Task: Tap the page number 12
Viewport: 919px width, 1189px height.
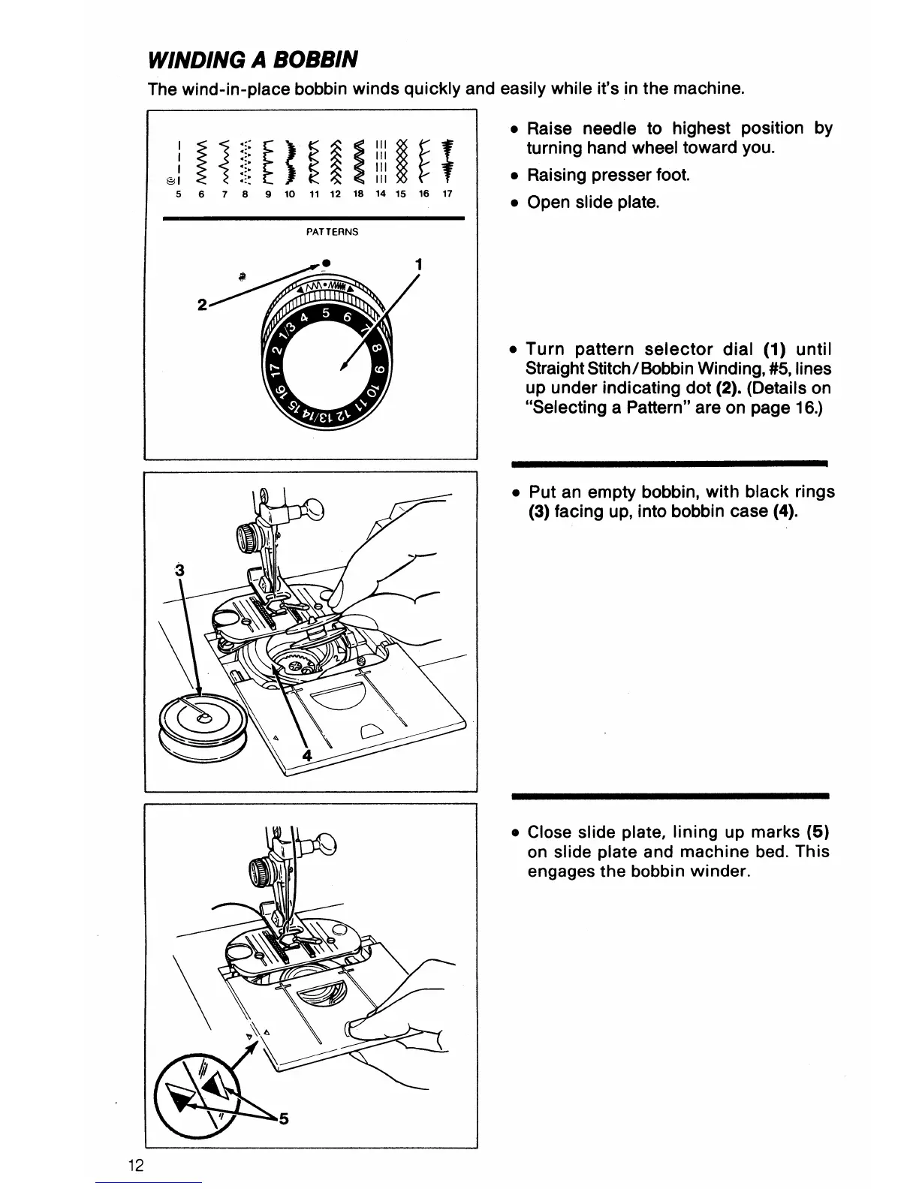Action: click(x=136, y=1166)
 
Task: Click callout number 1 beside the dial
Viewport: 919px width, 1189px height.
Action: click(x=418, y=264)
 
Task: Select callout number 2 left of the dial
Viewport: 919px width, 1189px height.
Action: click(x=201, y=306)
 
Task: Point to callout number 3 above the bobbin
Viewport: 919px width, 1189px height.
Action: click(x=179, y=569)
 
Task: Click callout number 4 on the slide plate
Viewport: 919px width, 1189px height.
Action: click(x=306, y=756)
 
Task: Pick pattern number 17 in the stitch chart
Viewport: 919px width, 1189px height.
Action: click(x=447, y=194)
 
